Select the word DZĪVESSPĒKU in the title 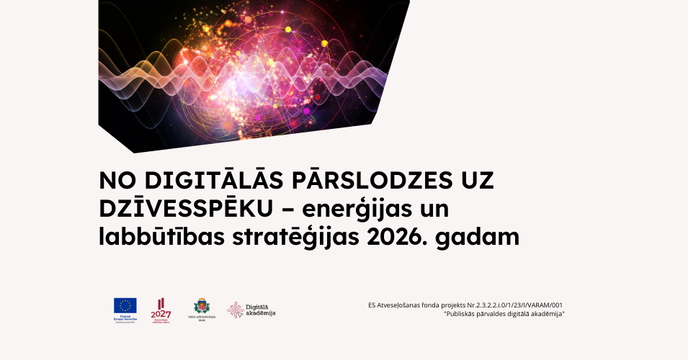tap(187, 208)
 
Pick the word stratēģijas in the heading tap(293, 236)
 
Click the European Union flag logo tap(125, 305)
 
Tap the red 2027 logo tap(161, 309)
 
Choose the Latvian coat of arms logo tap(202, 305)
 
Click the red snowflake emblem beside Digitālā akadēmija tap(235, 310)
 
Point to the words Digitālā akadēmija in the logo tap(261, 310)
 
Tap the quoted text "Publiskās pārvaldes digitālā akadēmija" tap(504, 315)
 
